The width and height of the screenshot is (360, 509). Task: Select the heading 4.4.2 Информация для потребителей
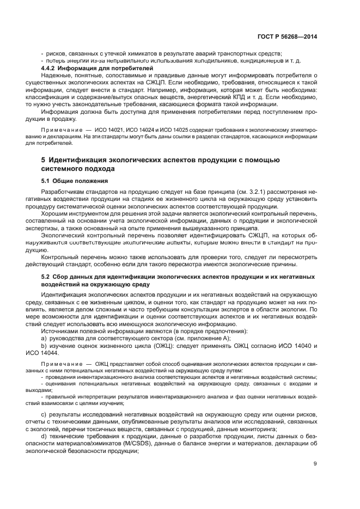click(x=82, y=68)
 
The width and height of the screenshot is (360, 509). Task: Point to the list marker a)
click(x=44, y=338)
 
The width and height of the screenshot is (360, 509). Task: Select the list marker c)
click(x=44, y=416)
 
